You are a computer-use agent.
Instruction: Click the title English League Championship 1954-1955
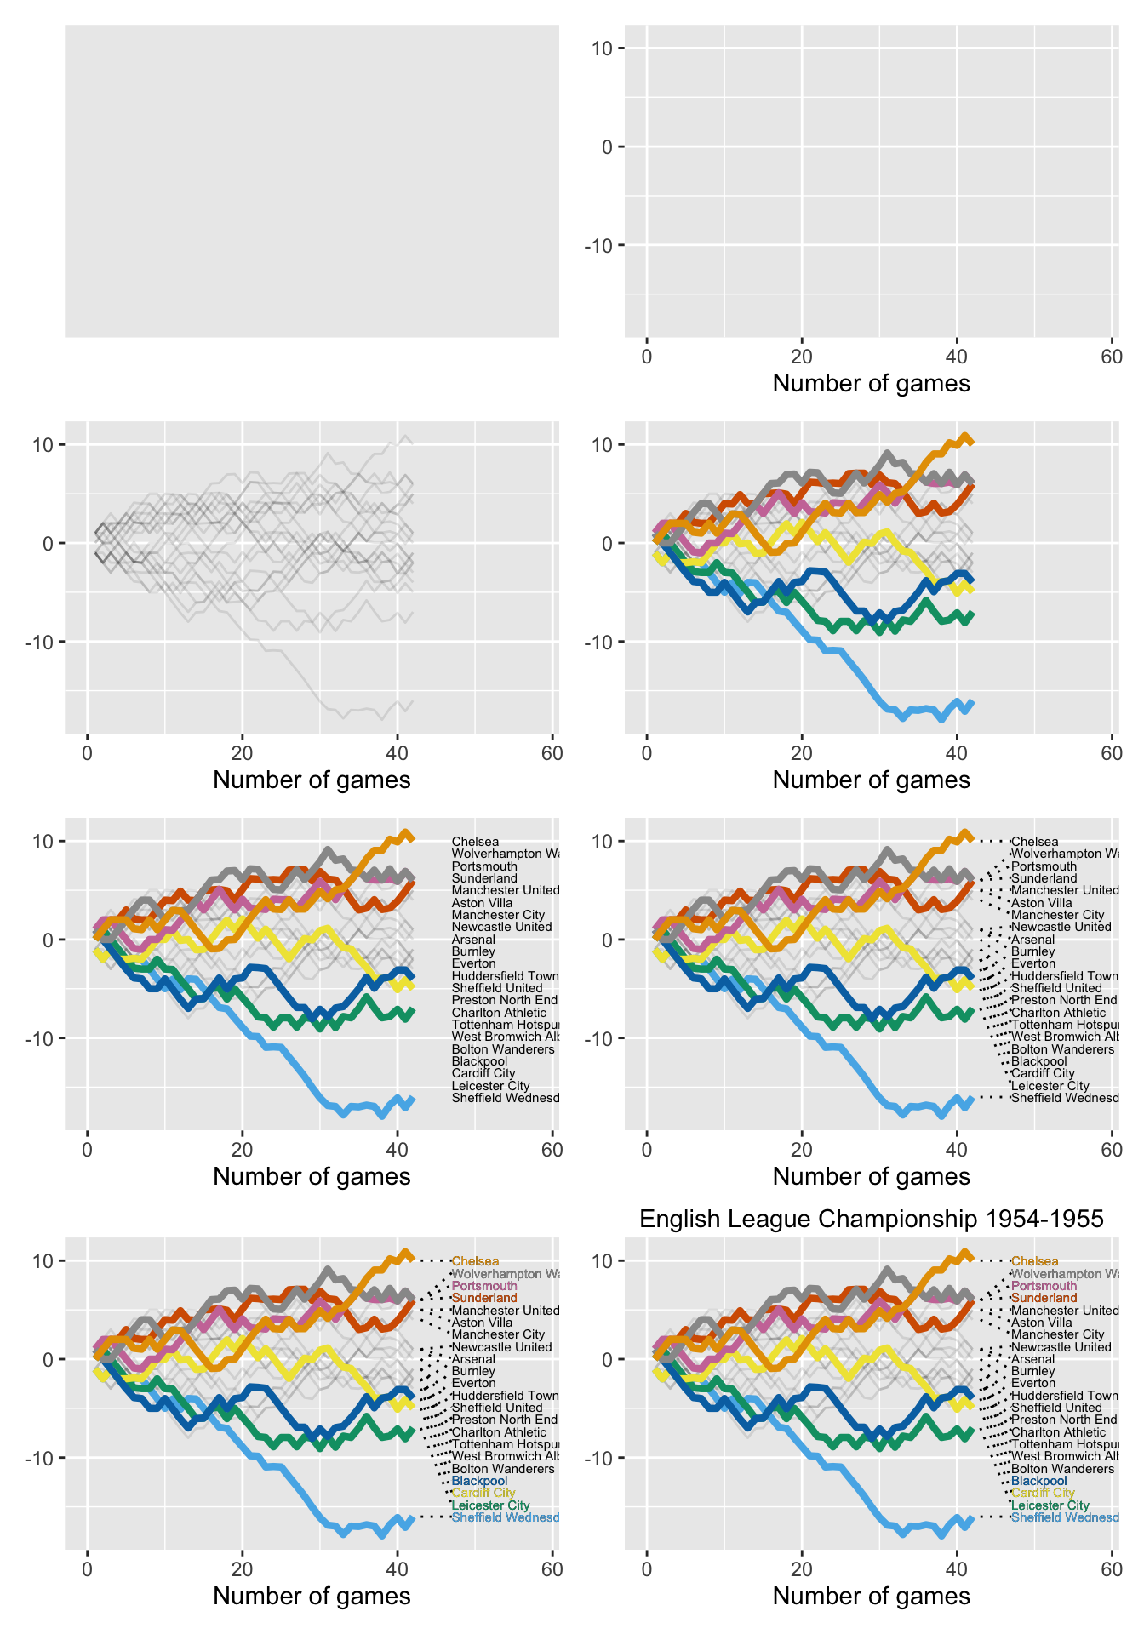(x=871, y=1219)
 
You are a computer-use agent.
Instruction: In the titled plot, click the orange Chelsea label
(x=1035, y=1261)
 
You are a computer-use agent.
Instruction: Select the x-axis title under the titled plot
(x=871, y=1596)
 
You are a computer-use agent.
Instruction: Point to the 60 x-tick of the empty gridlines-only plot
(x=1111, y=356)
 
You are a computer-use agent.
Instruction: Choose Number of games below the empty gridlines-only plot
(x=871, y=383)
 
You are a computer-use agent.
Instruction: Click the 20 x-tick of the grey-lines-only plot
(x=243, y=752)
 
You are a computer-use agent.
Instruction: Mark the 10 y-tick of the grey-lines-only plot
(x=44, y=444)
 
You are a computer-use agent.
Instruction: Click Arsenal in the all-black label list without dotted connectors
(x=473, y=940)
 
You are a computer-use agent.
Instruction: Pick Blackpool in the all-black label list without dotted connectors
(x=479, y=1061)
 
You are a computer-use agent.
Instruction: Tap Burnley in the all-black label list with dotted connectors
(x=1032, y=951)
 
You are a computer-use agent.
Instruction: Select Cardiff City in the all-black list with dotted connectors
(x=1043, y=1073)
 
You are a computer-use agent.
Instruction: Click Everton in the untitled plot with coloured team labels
(x=473, y=1384)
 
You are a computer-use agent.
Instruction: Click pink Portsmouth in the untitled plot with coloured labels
(x=484, y=1286)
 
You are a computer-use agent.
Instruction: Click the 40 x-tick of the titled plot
(x=956, y=1568)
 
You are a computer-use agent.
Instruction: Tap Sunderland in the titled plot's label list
(x=1044, y=1298)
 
